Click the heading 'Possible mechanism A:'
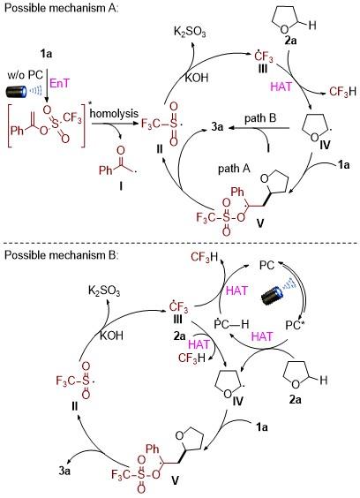coord(62,8)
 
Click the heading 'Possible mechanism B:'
coord(62,255)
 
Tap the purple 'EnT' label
coord(59,83)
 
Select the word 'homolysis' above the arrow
coord(115,113)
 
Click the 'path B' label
coord(260,118)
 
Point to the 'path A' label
coord(234,169)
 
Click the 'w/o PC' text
coord(26,75)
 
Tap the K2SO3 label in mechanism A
coord(190,32)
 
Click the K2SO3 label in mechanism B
coord(104,291)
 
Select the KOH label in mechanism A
coord(197,78)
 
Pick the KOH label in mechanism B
coord(111,336)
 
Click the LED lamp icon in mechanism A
coord(24,92)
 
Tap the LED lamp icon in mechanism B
coord(278,291)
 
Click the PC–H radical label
coord(232,324)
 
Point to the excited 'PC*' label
coord(295,325)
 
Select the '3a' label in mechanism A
coord(217,127)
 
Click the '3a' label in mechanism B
coord(64,471)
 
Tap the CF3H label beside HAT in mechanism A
coord(342,92)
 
